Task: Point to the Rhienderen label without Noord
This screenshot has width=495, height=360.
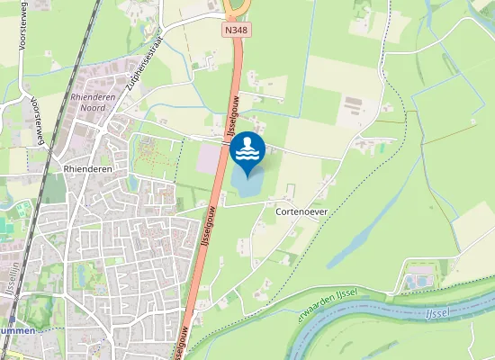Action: tap(86, 167)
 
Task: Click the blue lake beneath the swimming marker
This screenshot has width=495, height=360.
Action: tap(249, 184)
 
